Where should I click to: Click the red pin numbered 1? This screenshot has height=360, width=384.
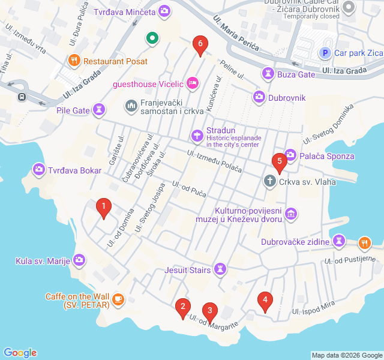tap(104, 208)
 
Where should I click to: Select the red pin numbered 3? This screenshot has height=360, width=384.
tap(209, 311)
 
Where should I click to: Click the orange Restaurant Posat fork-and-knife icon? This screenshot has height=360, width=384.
tap(74, 61)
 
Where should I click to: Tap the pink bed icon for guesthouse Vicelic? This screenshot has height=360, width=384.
tap(192, 83)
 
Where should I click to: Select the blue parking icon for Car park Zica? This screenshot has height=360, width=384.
tap(325, 53)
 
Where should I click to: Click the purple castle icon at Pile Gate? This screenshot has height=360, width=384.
tap(100, 110)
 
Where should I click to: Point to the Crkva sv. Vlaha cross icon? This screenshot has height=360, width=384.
tap(270, 180)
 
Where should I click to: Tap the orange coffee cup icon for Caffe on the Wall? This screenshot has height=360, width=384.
tap(118, 298)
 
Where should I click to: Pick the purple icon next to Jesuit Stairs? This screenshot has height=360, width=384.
tap(221, 269)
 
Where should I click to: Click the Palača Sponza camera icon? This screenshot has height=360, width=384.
tap(290, 155)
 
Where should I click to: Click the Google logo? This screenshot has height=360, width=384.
tap(20, 353)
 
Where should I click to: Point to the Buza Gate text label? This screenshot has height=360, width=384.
tap(296, 74)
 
